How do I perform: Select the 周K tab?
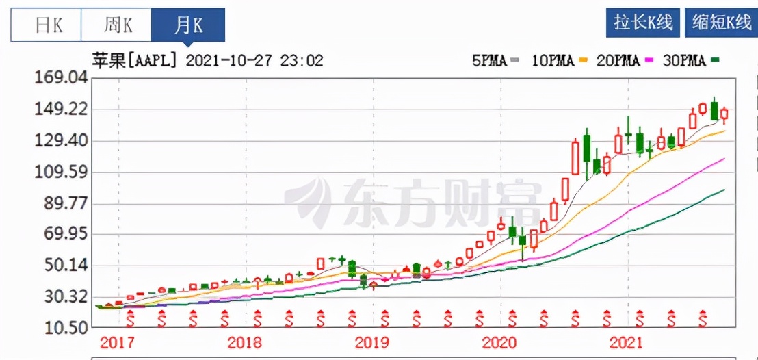[118, 26]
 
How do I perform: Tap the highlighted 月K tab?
[188, 26]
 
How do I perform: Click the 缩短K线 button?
[720, 22]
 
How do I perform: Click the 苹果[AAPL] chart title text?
[134, 60]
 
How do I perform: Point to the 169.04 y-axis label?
[62, 78]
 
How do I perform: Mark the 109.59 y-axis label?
[62, 172]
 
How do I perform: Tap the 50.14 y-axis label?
[62, 266]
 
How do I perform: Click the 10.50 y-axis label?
[62, 327]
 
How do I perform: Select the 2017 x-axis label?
[117, 343]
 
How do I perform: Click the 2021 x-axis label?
[627, 343]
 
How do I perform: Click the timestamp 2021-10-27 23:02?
[254, 60]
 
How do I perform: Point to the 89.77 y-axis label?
[62, 203]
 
